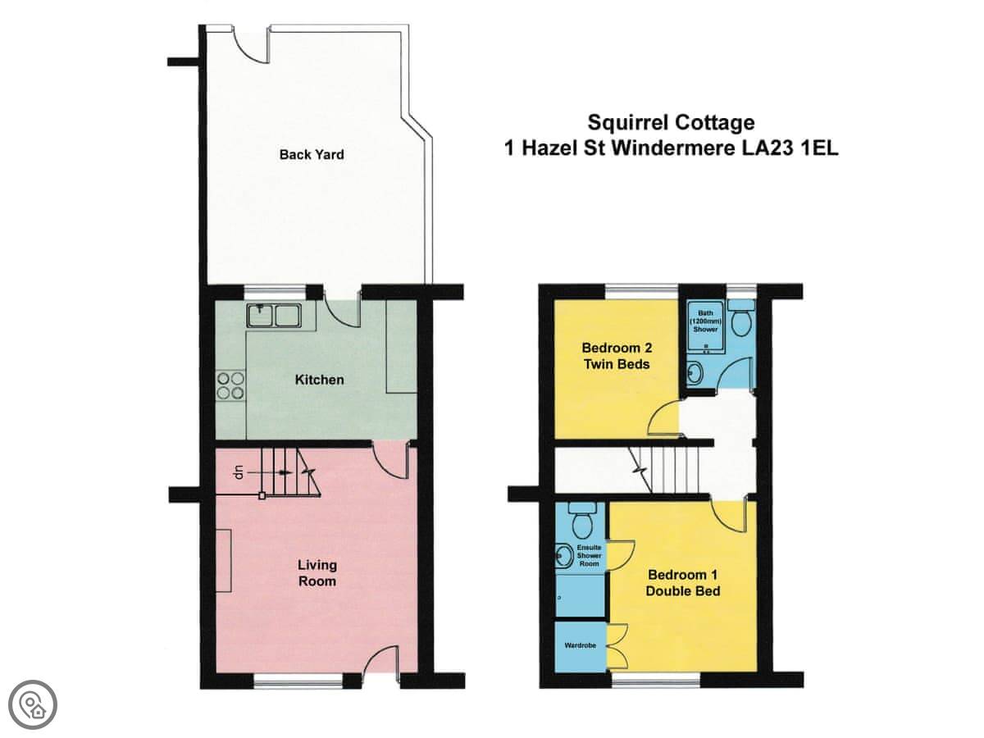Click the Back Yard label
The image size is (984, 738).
(x=312, y=155)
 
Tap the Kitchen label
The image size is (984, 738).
(x=319, y=380)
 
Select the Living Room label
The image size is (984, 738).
(x=317, y=573)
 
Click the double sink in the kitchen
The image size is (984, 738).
(x=273, y=315)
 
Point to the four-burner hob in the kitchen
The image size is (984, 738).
(x=231, y=385)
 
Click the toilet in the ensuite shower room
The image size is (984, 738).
(x=582, y=520)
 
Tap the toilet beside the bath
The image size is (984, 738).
(x=740, y=317)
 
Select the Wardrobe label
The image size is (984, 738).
(x=580, y=645)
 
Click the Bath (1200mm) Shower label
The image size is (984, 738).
(x=705, y=321)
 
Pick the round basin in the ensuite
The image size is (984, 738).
(x=564, y=556)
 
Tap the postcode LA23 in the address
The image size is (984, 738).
(x=767, y=148)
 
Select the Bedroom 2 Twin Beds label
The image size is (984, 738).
(x=617, y=356)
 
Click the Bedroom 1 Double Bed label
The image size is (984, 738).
(x=683, y=583)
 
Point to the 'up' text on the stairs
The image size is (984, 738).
(x=238, y=473)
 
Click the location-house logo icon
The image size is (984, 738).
(x=33, y=705)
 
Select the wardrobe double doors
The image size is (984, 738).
(x=617, y=645)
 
